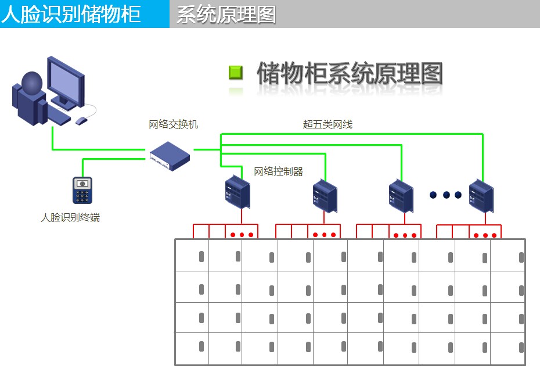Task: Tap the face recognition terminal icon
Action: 82,190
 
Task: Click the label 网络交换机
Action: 173,124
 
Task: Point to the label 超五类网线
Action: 327,124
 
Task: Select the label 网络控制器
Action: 279,171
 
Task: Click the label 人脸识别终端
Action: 70,218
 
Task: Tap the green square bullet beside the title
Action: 235,73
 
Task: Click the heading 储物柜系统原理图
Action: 350,74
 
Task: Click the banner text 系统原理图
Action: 226,14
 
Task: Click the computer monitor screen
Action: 65,81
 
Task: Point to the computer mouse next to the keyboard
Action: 81,120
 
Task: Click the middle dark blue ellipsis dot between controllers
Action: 447,195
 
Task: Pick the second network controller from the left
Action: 325,196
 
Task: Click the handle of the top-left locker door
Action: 201,256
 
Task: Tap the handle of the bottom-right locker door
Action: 521,347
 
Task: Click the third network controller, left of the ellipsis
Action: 401,196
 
